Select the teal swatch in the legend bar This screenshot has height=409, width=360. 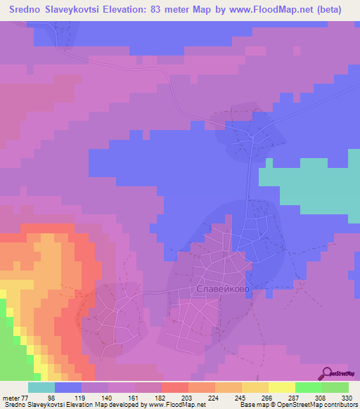[41, 387]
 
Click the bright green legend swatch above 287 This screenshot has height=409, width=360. [309, 387]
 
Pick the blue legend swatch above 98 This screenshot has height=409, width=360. [68, 387]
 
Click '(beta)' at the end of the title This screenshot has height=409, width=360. [330, 9]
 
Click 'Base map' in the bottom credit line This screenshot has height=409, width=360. [254, 405]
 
